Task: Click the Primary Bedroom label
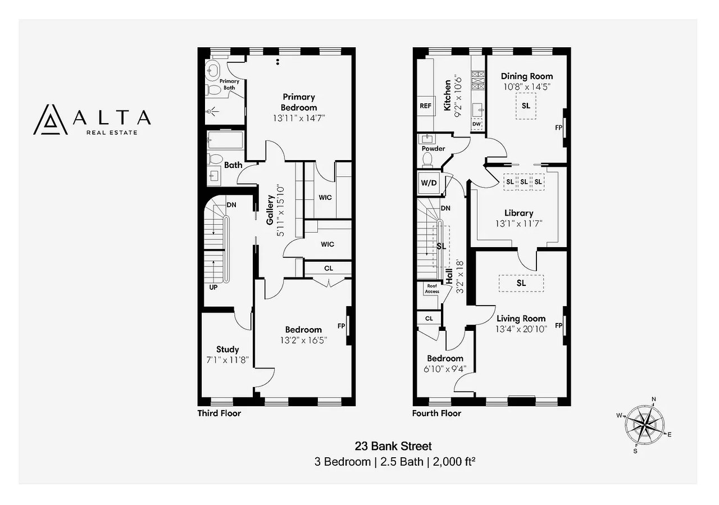[298, 102]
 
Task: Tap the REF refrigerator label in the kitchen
[426, 106]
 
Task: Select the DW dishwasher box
[477, 124]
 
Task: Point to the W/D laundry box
[429, 183]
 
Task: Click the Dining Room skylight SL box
[526, 106]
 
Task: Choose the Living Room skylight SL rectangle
[521, 283]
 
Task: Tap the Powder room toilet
[427, 160]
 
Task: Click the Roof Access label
[432, 289]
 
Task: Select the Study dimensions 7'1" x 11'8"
[227, 360]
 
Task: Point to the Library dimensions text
[518, 224]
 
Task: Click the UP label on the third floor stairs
[213, 288]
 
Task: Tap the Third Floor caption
[219, 413]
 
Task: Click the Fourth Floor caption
[436, 413]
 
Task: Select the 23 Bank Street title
[393, 446]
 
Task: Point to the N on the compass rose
[653, 399]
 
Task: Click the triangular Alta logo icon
[51, 120]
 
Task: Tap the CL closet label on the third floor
[329, 269]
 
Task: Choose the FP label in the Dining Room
[558, 128]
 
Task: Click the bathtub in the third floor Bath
[225, 140]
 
